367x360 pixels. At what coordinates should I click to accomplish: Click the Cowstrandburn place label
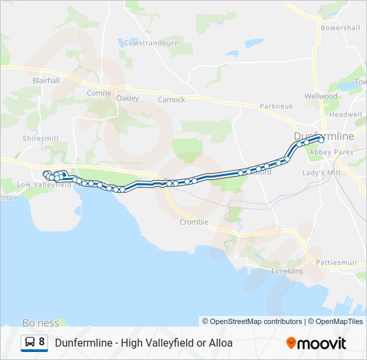[151, 43]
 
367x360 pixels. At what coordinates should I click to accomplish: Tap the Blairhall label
[46, 80]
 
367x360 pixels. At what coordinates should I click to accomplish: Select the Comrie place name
[99, 93]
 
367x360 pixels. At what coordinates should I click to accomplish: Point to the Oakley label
[127, 99]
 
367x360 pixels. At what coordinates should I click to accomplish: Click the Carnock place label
[171, 100]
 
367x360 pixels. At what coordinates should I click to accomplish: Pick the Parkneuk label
[276, 106]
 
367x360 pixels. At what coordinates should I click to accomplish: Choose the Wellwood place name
[321, 96]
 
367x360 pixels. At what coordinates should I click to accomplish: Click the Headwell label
[345, 115]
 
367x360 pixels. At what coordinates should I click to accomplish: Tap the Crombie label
[194, 222]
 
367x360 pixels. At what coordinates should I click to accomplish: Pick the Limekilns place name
[287, 271]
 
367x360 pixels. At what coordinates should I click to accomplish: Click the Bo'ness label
[41, 323]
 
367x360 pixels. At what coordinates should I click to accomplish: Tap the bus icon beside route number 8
[30, 343]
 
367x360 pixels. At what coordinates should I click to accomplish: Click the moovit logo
[316, 343]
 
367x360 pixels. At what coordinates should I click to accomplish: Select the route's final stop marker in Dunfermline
[321, 140]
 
